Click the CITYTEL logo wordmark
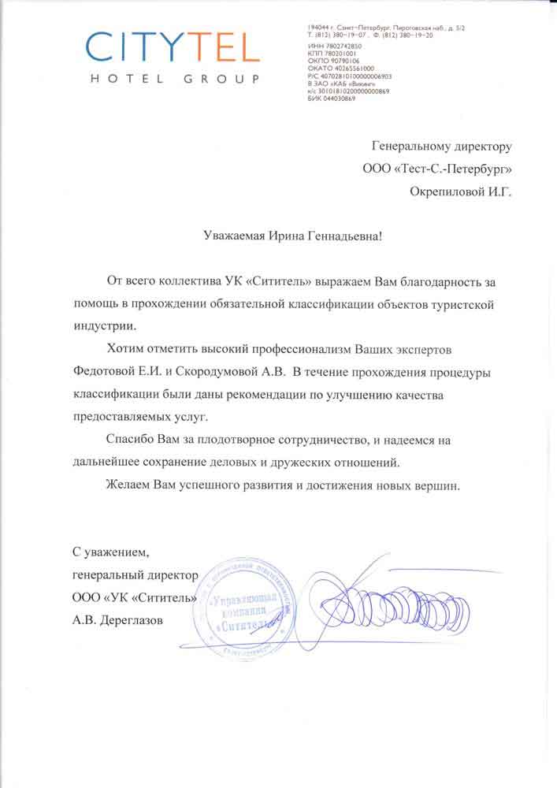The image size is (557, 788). [x=173, y=48]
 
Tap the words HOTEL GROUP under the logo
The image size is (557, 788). [x=174, y=79]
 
